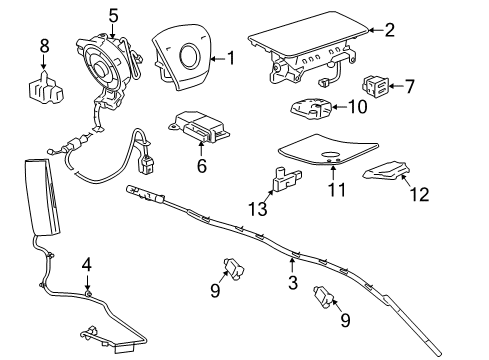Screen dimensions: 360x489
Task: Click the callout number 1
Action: point(231,59)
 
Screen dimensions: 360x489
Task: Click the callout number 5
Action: point(113,15)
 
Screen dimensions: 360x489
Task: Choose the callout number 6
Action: point(201,166)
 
